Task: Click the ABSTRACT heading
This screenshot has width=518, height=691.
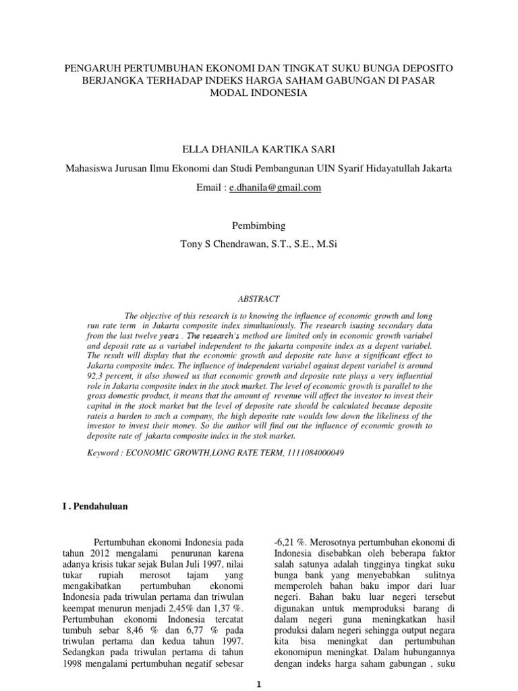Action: (259, 298)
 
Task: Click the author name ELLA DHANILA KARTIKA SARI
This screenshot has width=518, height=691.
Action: (259, 146)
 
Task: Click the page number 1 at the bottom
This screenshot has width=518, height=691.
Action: (259, 683)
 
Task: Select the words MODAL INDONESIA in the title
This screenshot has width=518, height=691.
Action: (259, 93)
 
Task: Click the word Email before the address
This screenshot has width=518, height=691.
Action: (210, 188)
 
